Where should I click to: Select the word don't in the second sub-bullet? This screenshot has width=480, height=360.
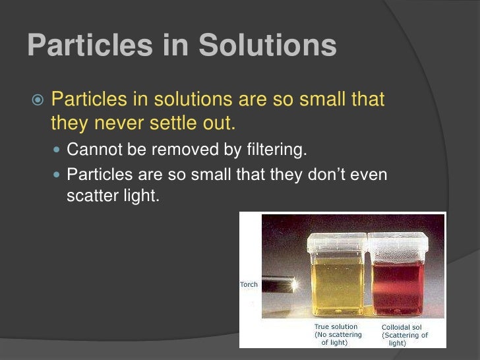click(x=324, y=175)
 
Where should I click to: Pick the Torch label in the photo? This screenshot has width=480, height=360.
click(x=248, y=284)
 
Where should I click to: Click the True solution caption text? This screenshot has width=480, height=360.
click(x=336, y=326)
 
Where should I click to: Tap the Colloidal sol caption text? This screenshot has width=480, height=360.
click(x=402, y=327)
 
